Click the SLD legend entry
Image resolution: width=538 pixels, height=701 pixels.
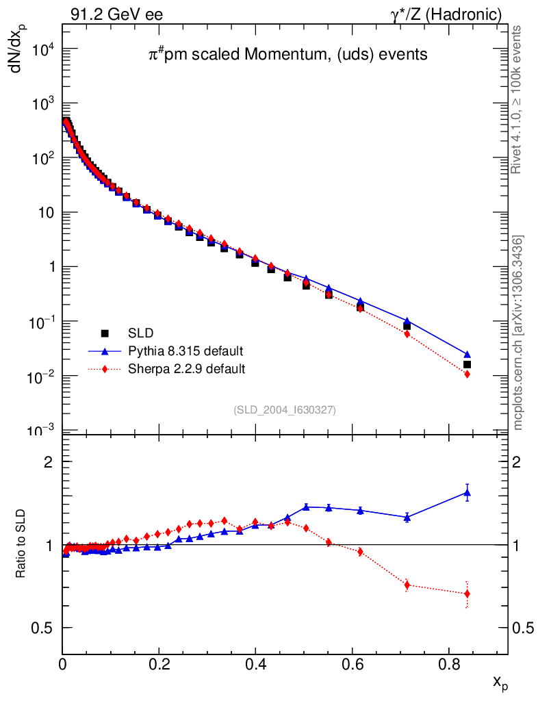pos(141,333)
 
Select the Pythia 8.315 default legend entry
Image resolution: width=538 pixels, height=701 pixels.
pos(185,351)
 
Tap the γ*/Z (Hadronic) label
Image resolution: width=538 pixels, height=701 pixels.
pos(446,14)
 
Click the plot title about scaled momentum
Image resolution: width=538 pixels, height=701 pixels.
pos(288,54)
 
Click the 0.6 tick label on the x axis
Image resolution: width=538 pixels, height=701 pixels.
pos(352,663)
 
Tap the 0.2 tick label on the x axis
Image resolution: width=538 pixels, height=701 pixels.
pos(159,663)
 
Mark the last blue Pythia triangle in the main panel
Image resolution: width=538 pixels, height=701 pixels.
pos(467,355)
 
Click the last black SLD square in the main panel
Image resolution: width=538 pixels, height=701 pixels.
pos(467,365)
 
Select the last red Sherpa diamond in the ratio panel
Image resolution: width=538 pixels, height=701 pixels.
pos(467,594)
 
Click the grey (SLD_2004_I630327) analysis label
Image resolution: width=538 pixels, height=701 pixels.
pos(285,409)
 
